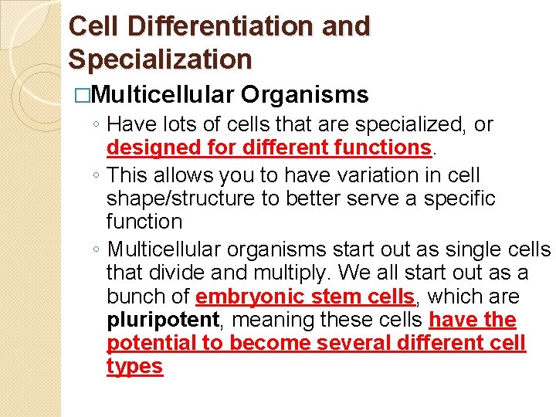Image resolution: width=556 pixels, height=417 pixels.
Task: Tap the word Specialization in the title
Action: click(160, 59)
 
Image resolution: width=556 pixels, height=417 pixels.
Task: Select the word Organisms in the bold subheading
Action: click(305, 95)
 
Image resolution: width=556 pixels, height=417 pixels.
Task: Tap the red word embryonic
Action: click(242, 297)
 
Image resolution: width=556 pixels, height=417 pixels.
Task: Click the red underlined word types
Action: click(134, 366)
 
